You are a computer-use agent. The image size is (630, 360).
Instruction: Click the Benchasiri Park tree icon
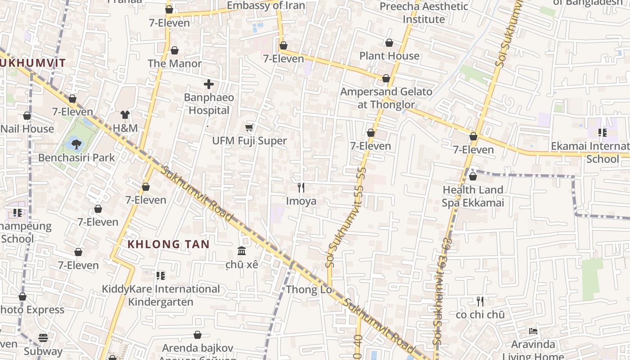click(x=76, y=144)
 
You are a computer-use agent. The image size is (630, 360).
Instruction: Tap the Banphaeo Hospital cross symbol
click(x=209, y=84)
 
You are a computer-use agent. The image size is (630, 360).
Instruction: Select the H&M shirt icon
click(x=125, y=115)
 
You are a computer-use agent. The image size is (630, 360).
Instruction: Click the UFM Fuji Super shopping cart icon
click(x=249, y=128)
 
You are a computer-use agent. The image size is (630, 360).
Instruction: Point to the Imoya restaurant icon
click(x=301, y=187)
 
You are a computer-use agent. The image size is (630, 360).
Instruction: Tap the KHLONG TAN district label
click(x=169, y=244)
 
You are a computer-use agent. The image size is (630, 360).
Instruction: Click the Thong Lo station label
click(x=309, y=289)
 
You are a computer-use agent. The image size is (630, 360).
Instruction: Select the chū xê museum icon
click(x=242, y=251)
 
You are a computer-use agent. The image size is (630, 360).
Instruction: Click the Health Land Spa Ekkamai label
click(x=472, y=196)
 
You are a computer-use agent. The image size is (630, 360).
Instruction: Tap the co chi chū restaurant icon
click(x=480, y=301)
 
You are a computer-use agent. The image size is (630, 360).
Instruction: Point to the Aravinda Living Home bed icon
click(x=533, y=331)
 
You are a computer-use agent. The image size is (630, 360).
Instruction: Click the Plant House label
click(x=389, y=56)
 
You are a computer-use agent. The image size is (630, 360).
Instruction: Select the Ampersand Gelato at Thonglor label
click(x=386, y=98)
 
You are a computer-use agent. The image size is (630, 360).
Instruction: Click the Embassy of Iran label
click(x=266, y=5)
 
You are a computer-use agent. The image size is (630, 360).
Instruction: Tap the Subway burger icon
click(x=43, y=337)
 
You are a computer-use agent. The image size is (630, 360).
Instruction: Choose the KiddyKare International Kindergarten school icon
click(x=161, y=275)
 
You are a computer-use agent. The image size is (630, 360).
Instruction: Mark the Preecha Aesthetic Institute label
click(x=424, y=13)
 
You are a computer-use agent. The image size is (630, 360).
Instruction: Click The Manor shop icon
click(x=175, y=50)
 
